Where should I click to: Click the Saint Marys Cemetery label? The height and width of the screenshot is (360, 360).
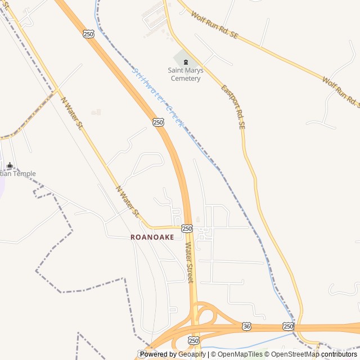(186, 74)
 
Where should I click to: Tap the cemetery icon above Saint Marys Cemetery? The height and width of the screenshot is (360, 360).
(186, 61)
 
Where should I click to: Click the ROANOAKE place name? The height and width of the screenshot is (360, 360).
(152, 237)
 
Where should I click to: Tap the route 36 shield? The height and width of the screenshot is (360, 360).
(247, 326)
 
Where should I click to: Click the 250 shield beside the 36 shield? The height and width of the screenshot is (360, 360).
(288, 326)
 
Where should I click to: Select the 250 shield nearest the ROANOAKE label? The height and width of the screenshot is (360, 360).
(187, 228)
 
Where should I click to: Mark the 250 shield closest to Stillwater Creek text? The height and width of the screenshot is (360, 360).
(158, 122)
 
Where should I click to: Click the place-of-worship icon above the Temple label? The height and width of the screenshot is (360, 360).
(10, 165)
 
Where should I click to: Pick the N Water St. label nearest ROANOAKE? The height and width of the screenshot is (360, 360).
(128, 201)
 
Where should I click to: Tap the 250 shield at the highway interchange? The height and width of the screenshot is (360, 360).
(193, 341)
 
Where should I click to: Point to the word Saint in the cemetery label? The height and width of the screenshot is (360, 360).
(177, 70)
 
